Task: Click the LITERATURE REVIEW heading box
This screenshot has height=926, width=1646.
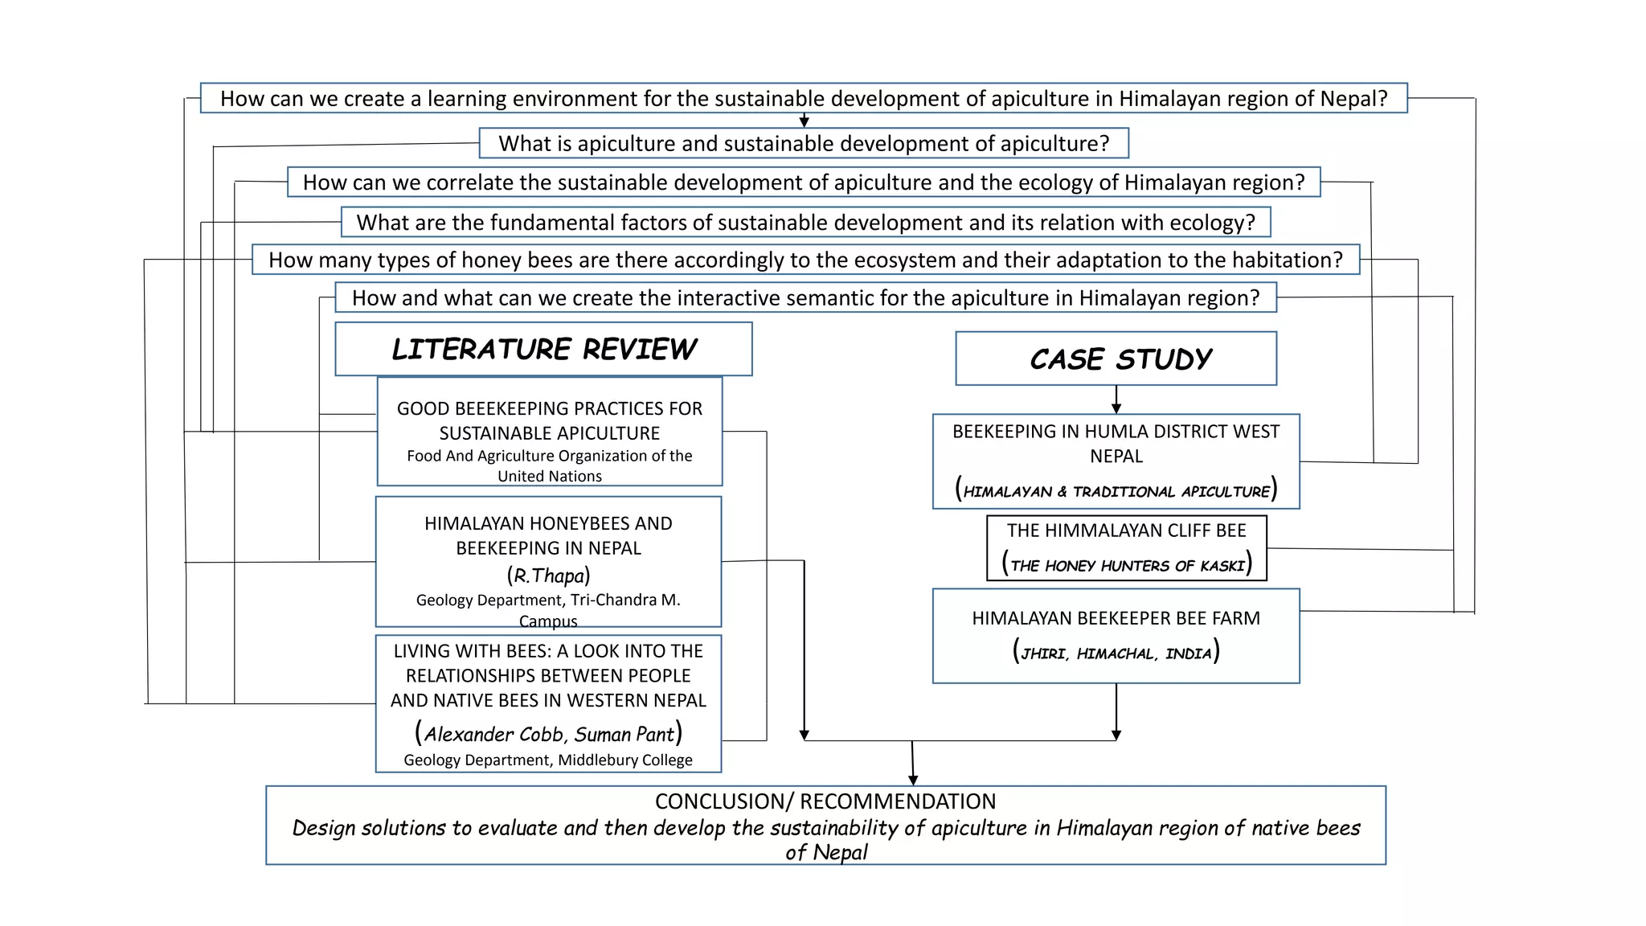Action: click(x=543, y=349)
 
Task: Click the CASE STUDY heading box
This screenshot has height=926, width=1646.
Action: click(x=1116, y=359)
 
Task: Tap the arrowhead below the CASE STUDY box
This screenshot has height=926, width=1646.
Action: click(x=1116, y=408)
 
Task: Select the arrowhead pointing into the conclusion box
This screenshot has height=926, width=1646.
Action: click(x=913, y=780)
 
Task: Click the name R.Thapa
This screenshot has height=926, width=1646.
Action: click(x=548, y=576)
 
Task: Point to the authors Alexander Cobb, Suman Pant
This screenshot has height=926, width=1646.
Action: click(x=548, y=734)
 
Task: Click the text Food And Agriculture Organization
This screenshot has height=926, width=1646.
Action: click(x=549, y=457)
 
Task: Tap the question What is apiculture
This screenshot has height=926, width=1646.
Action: click(x=804, y=143)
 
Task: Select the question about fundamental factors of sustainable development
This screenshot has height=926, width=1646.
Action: click(x=805, y=223)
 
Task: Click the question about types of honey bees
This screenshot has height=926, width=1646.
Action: click(x=805, y=260)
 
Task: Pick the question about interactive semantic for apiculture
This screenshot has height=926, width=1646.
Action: click(x=805, y=298)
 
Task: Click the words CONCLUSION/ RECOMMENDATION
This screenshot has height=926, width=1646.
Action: click(x=825, y=801)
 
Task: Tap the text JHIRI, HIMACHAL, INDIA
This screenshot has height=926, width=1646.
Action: click(x=1116, y=654)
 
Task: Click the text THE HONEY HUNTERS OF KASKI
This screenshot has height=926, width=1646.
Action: click(x=1127, y=566)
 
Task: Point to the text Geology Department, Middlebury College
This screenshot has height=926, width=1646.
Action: click(x=548, y=760)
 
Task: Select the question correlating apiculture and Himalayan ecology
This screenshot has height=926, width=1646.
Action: click(x=804, y=182)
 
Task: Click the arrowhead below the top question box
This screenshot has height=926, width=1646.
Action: click(x=804, y=122)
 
